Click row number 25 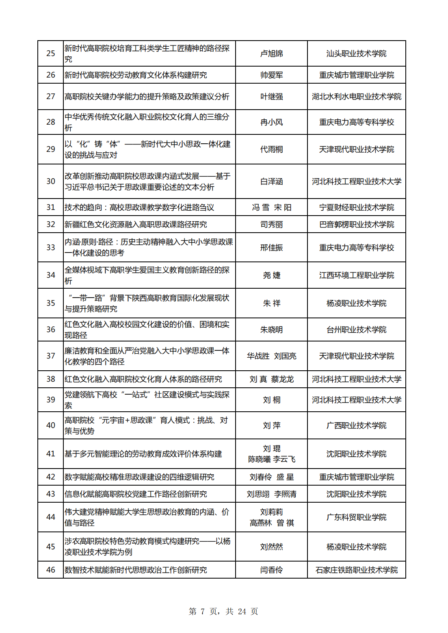point(51,54)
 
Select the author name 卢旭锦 point(271,54)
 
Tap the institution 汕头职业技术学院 point(356,54)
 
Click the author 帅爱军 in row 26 point(271,75)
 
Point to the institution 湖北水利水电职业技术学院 point(356,97)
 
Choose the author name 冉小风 point(271,122)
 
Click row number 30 point(51,181)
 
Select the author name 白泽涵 point(271,181)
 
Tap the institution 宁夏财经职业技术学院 point(356,207)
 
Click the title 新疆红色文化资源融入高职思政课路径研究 point(136,225)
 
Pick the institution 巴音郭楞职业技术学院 point(356,225)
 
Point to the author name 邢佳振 point(271,248)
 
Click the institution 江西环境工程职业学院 point(356,275)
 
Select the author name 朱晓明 point(271,330)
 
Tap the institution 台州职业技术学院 point(356,330)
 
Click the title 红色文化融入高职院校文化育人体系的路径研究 point(143,379)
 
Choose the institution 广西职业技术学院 point(356,426)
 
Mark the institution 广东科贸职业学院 point(356,517)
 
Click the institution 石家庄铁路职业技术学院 point(356,570)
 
